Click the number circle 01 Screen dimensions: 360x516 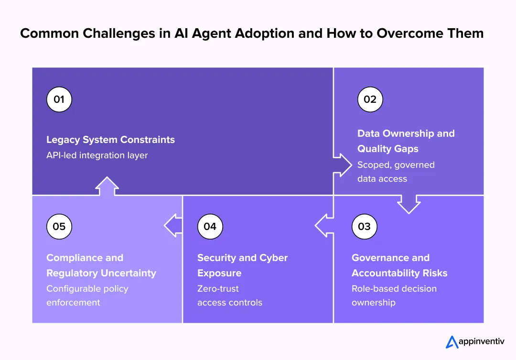click(59, 99)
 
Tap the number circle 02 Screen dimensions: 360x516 click(370, 99)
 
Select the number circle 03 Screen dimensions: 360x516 click(364, 227)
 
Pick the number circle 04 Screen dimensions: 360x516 click(210, 227)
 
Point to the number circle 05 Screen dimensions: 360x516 click(59, 227)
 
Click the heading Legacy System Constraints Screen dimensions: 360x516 click(110, 140)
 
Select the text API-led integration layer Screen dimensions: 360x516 click(97, 155)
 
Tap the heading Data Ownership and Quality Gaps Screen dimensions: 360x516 click(406, 141)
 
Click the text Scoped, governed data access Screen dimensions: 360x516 click(396, 172)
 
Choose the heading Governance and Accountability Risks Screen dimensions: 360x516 click(399, 265)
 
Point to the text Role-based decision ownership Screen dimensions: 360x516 click(394, 295)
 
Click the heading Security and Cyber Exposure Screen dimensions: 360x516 click(242, 265)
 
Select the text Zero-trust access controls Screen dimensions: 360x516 click(229, 295)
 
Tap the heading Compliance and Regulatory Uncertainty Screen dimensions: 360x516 click(101, 265)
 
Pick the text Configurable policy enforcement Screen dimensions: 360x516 click(87, 295)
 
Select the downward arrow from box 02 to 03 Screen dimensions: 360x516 click(408, 203)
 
